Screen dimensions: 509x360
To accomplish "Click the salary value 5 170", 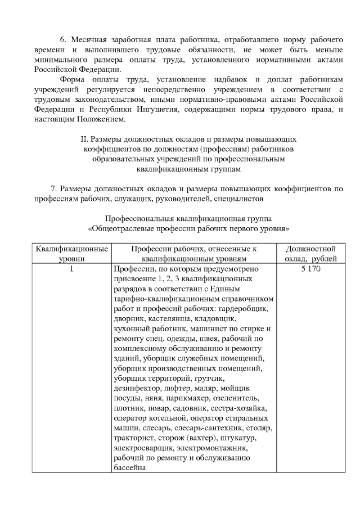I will click(x=311, y=269).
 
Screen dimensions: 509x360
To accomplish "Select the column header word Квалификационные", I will click(x=71, y=249).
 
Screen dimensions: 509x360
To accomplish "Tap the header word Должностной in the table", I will click(x=311, y=249).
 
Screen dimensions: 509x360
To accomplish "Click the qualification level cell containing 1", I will click(x=71, y=269).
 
